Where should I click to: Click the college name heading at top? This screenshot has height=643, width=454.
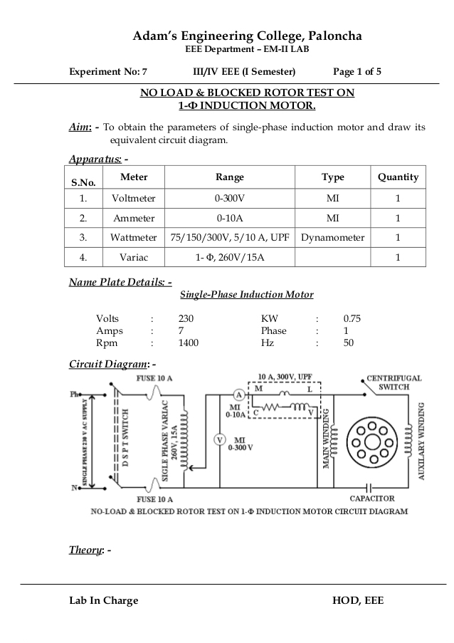(238, 36)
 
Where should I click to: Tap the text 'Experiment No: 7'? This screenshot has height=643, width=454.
(107, 72)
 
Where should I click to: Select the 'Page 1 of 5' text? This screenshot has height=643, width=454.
(357, 72)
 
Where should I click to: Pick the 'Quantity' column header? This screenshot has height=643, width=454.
(398, 177)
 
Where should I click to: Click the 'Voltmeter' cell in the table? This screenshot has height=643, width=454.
(134, 199)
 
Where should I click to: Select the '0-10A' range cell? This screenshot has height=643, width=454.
(229, 218)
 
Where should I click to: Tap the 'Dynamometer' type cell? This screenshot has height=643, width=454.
(333, 237)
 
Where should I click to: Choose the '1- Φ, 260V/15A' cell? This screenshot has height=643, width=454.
(229, 256)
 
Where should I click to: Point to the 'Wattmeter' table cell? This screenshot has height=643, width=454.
(134, 237)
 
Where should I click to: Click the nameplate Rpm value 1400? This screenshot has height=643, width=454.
(189, 343)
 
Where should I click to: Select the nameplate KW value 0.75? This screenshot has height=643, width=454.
(352, 318)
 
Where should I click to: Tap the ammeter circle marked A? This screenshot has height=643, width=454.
(240, 394)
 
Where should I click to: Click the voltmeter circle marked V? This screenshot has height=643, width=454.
(220, 439)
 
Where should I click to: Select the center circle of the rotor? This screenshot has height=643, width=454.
(372, 439)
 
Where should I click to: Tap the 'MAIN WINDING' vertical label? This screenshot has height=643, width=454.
(328, 439)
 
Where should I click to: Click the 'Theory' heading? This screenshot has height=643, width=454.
(85, 550)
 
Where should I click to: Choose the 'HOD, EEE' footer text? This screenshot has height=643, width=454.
(357, 600)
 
